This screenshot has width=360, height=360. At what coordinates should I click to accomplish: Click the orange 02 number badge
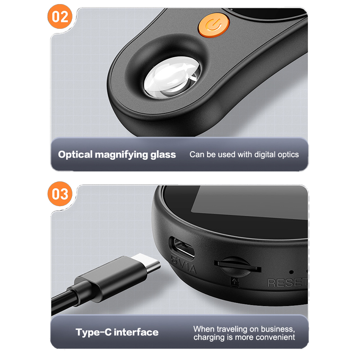[60, 17]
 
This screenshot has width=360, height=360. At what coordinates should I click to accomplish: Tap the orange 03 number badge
[60, 194]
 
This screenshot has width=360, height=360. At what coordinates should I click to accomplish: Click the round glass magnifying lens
[172, 77]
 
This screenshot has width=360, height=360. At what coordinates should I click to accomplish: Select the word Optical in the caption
[75, 154]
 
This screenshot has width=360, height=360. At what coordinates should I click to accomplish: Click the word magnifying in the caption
[121, 155]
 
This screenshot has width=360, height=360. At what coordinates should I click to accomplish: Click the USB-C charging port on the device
[182, 247]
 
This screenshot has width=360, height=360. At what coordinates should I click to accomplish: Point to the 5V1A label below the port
[184, 265]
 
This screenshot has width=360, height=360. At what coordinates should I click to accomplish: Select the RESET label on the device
[288, 283]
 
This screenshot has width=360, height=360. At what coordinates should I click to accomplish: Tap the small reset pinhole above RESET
[291, 272]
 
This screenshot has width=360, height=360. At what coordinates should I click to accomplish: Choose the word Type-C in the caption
[94, 332]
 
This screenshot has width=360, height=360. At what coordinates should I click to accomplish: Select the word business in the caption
[278, 329]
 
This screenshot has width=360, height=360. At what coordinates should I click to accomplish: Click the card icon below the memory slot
[235, 282]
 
